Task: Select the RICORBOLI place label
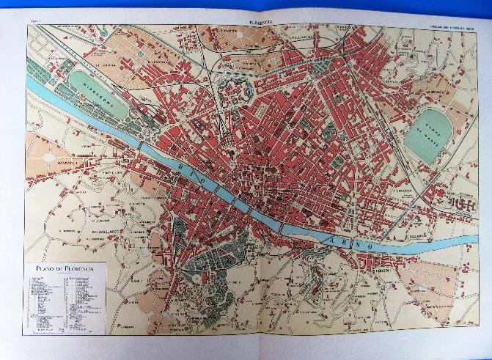[x=381, y=271]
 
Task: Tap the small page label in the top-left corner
[x=33, y=21]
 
